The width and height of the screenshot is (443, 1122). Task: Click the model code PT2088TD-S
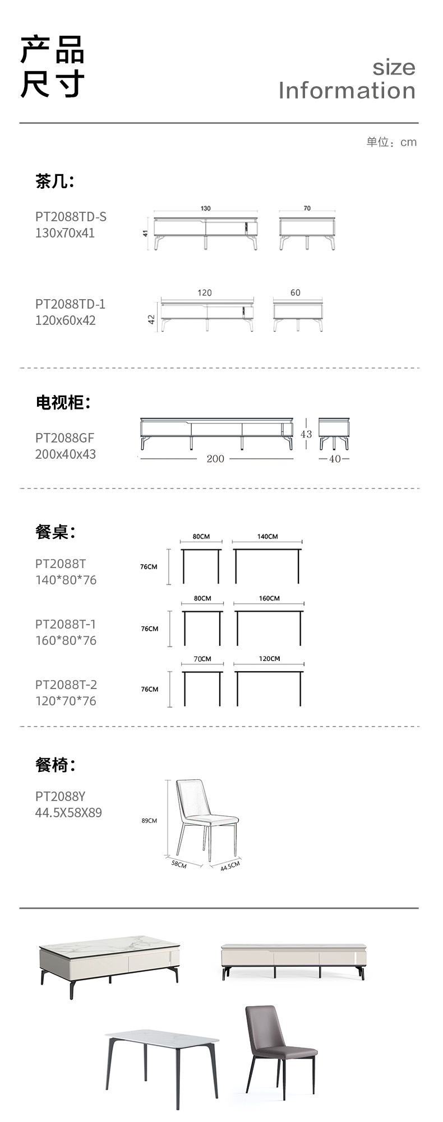point(71,217)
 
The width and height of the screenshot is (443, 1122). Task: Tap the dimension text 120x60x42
point(65,320)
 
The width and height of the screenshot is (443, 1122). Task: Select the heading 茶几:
point(54,181)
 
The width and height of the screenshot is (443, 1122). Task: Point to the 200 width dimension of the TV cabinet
point(215,459)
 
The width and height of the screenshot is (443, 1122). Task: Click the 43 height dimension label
point(306,434)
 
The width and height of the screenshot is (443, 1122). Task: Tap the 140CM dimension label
point(267,537)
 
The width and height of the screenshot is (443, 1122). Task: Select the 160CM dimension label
point(269,598)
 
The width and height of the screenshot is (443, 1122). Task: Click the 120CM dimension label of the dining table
point(269,659)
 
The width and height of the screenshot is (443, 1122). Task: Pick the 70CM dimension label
point(202,659)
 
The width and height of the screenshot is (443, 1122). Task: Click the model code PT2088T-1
point(66,624)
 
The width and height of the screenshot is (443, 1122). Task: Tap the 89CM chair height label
point(149,821)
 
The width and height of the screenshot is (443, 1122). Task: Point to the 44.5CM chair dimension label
point(230,866)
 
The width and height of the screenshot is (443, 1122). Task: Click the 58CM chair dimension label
point(179,864)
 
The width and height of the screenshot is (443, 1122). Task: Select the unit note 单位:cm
point(391,142)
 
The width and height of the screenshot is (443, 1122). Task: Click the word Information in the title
point(347,91)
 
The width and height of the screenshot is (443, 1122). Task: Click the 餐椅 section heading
point(55,765)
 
